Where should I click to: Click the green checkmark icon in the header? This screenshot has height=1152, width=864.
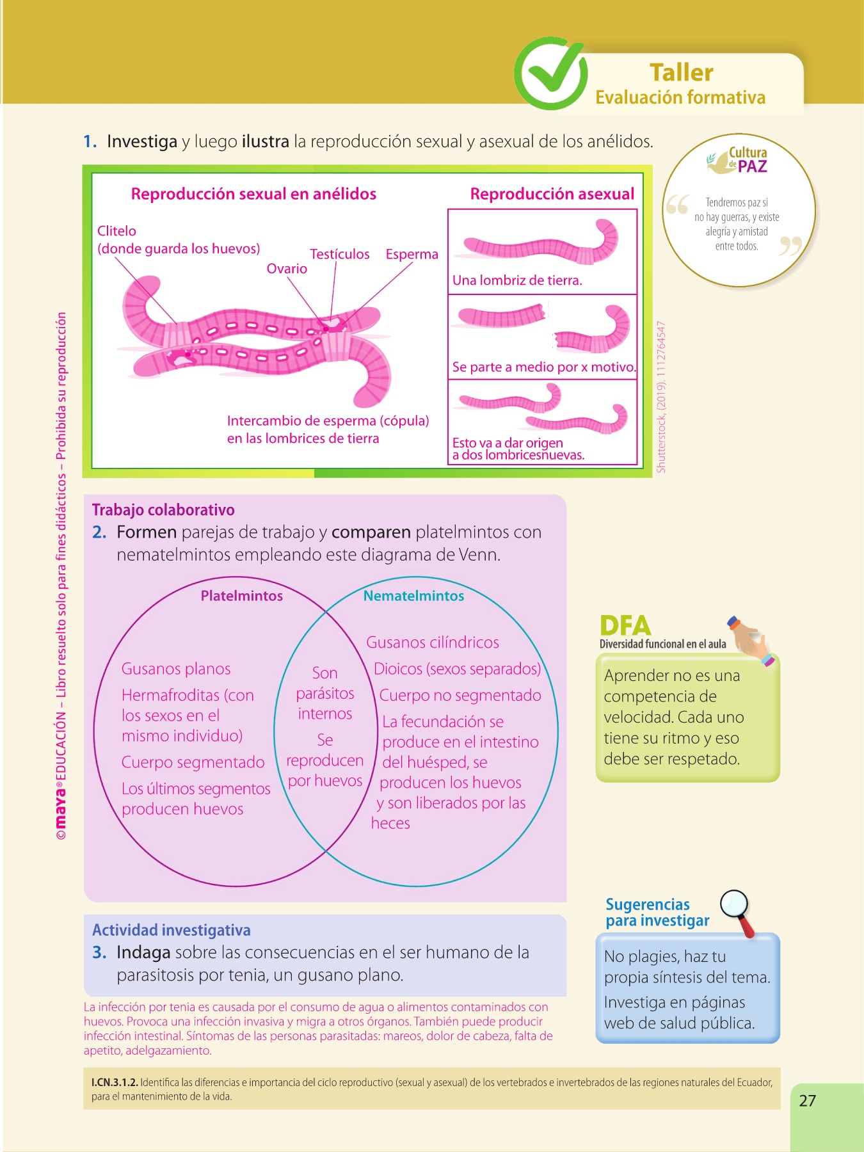coord(550,73)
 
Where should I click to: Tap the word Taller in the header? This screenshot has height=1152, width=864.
coord(681,73)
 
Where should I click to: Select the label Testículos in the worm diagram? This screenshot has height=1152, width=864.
coord(339,254)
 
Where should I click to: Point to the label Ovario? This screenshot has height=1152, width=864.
coord(287,269)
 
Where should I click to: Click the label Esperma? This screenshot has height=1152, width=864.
coord(412,254)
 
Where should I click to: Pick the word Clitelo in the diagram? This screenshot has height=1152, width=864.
coord(116,231)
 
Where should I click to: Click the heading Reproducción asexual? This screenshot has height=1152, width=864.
coord(552,194)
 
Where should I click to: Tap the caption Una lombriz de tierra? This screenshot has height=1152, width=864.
coord(517,280)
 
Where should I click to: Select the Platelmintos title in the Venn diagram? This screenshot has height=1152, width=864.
coord(241,596)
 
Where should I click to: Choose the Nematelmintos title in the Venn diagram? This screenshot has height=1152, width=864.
coord(413,596)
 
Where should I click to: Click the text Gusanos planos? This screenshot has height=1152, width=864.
coord(176,669)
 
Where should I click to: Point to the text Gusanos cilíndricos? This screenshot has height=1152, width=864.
coord(432,643)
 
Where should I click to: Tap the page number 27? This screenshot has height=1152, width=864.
coord(807,1101)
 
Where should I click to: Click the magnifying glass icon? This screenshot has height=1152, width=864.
coord(736,909)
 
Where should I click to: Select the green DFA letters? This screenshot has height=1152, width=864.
coord(625,625)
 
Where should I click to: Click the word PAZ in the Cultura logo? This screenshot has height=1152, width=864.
coord(752,167)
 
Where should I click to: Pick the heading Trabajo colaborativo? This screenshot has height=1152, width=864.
coord(163,510)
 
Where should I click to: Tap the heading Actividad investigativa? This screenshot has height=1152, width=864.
coord(171,930)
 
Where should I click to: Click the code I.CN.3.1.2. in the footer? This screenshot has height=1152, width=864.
coord(115,1082)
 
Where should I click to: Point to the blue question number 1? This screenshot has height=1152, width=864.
coord(90,141)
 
